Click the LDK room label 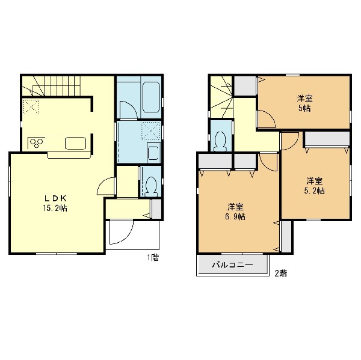[x=55, y=198]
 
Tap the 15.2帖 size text [x=55, y=209]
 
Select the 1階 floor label [x=153, y=257]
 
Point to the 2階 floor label [x=281, y=273]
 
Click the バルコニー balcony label [x=232, y=265]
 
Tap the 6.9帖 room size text [x=235, y=217]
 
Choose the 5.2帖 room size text [x=314, y=191]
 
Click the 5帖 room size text [x=304, y=108]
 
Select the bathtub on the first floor [x=151, y=97]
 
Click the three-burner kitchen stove [x=37, y=142]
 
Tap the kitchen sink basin [x=76, y=143]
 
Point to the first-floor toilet [x=151, y=186]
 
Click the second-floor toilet [x=221, y=141]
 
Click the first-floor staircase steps [x=62, y=85]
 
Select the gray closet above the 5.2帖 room [x=327, y=139]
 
